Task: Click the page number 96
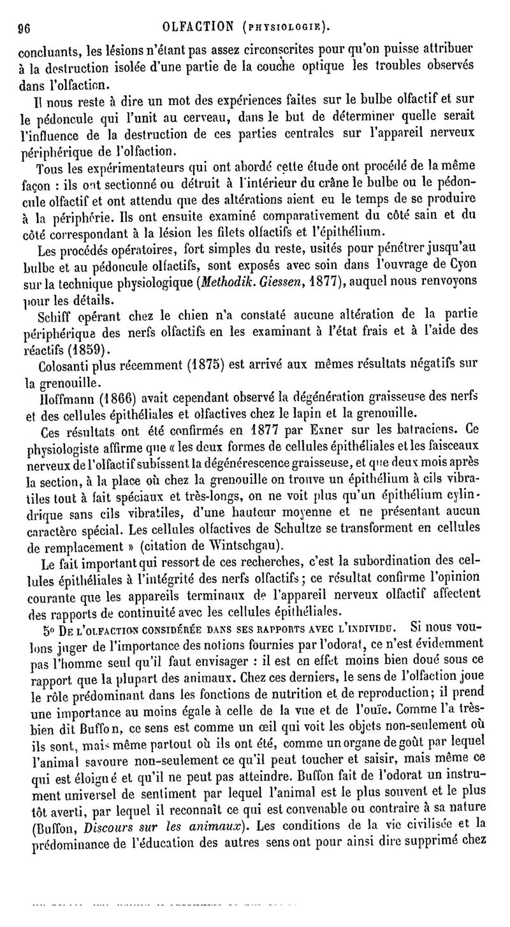tap(25, 27)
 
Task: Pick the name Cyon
tap(472, 266)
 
